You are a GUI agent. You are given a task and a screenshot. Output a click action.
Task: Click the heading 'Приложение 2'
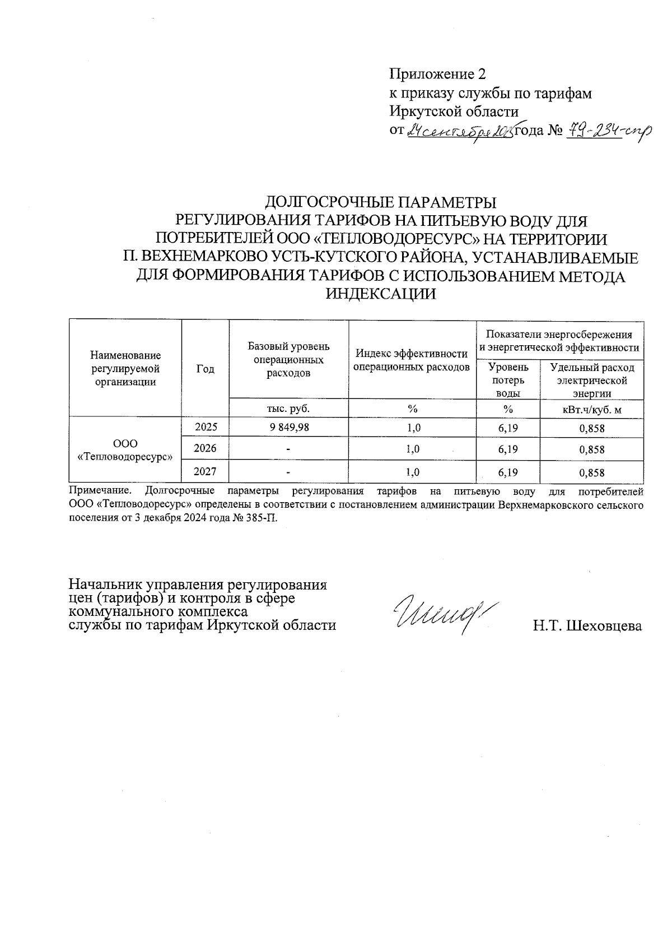pyautogui.click(x=437, y=75)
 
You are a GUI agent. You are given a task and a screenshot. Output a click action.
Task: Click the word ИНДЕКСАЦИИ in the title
pyautogui.click(x=381, y=294)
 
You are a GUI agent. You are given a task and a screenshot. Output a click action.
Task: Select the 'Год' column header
pyautogui.click(x=206, y=369)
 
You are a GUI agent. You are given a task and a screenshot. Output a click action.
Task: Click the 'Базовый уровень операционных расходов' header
pyautogui.click(x=288, y=360)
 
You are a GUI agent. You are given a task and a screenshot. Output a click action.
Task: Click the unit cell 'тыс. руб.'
pyautogui.click(x=288, y=409)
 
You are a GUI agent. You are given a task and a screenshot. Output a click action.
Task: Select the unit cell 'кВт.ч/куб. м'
pyautogui.click(x=592, y=410)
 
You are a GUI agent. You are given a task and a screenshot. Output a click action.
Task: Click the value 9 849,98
pyautogui.click(x=288, y=428)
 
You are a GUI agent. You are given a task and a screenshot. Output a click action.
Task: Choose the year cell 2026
pyautogui.click(x=206, y=448)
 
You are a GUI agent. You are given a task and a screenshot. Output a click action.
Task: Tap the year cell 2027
pyautogui.click(x=206, y=472)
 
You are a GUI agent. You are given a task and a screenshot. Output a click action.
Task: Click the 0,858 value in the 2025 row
pyautogui.click(x=592, y=429)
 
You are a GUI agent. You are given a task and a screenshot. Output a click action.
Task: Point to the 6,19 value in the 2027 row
pyautogui.click(x=508, y=473)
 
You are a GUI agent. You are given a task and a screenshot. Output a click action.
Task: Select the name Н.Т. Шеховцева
pyautogui.click(x=587, y=626)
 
